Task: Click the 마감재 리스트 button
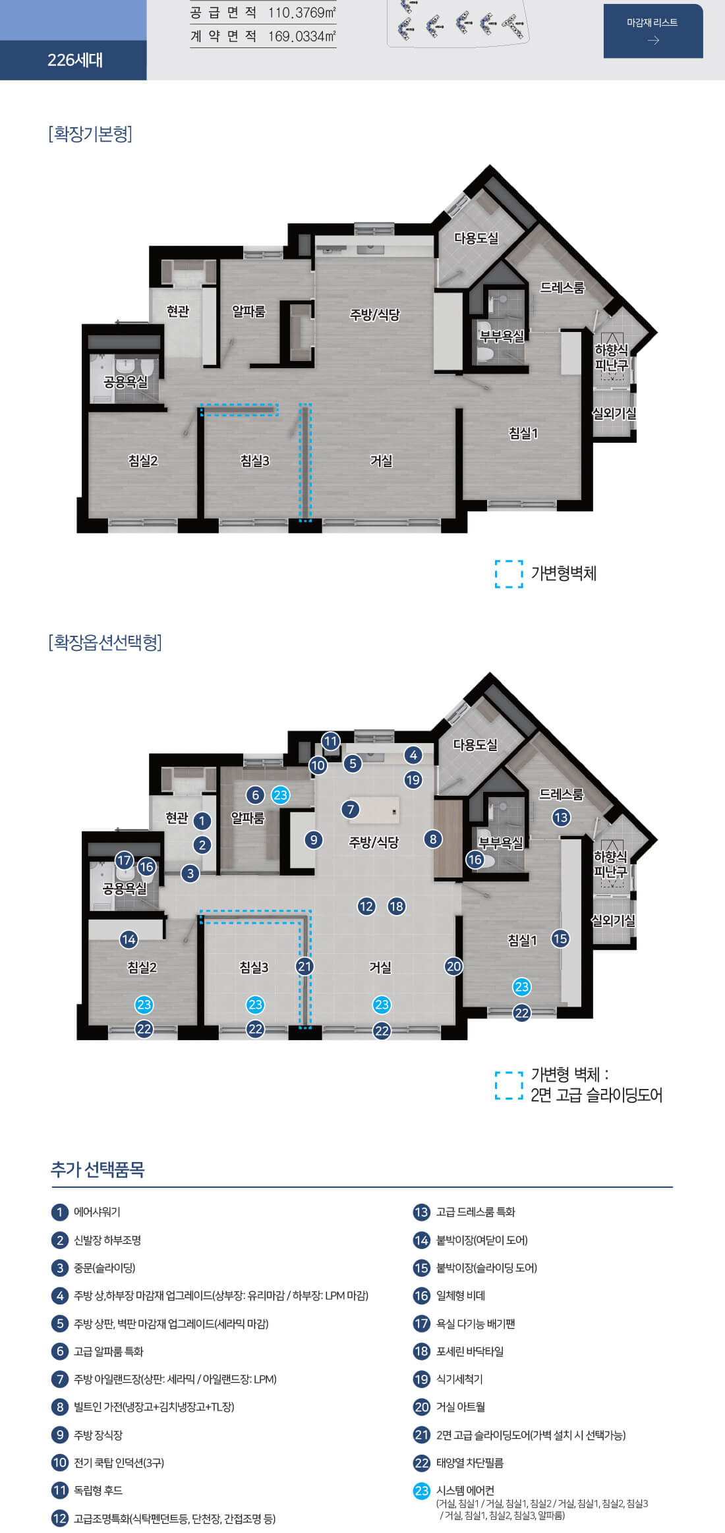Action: click(x=652, y=31)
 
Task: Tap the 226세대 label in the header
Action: click(x=74, y=60)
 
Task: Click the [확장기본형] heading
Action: click(x=90, y=134)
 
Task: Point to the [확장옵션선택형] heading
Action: click(x=105, y=642)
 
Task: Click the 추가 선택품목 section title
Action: click(x=98, y=1169)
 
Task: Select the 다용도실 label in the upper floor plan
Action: click(x=476, y=238)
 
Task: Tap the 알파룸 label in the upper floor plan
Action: click(x=248, y=311)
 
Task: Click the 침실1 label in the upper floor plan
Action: click(x=523, y=433)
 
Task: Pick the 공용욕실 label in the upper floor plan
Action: click(x=125, y=381)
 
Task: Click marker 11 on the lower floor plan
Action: click(x=331, y=741)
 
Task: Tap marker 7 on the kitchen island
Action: click(x=351, y=809)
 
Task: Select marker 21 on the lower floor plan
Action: click(x=304, y=966)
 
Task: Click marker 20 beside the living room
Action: click(x=453, y=966)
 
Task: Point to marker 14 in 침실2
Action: click(x=129, y=939)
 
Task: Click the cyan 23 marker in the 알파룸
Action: click(x=281, y=795)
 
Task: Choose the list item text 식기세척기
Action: click(x=459, y=1379)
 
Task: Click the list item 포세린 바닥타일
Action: click(x=469, y=1351)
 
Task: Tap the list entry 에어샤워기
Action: click(x=97, y=1212)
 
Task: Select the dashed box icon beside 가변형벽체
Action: click(x=509, y=574)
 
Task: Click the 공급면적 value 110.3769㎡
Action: click(x=302, y=13)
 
